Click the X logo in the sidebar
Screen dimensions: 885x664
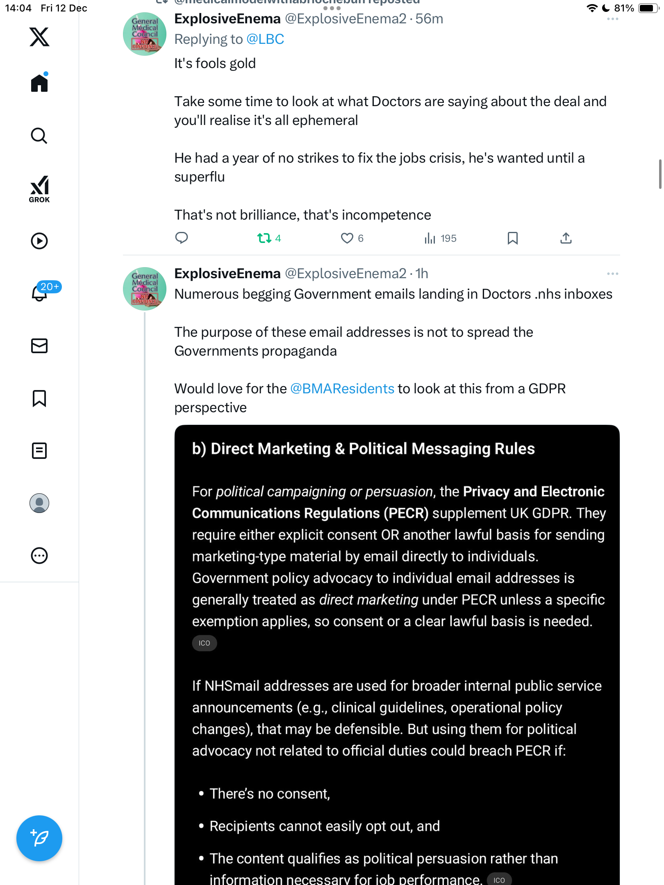click(x=39, y=37)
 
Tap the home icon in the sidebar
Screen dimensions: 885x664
click(x=39, y=83)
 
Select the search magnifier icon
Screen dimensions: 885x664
click(x=39, y=136)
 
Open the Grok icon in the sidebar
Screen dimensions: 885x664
click(x=39, y=189)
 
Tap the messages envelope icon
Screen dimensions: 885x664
click(x=39, y=346)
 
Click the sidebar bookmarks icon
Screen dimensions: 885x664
click(x=39, y=398)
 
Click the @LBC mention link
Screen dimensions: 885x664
click(x=265, y=39)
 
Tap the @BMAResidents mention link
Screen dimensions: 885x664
click(x=342, y=388)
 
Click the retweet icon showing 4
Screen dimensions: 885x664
click(x=264, y=238)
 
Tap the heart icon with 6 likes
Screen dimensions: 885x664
click(x=347, y=238)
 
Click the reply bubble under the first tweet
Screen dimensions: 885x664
click(x=182, y=238)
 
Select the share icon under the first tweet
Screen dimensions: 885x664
click(x=566, y=238)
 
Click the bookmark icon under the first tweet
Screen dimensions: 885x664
click(x=513, y=238)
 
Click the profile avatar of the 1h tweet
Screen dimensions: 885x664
click(x=145, y=289)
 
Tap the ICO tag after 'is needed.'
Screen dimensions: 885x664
click(x=204, y=643)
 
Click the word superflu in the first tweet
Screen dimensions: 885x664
click(x=200, y=177)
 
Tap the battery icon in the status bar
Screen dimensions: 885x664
click(x=648, y=8)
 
